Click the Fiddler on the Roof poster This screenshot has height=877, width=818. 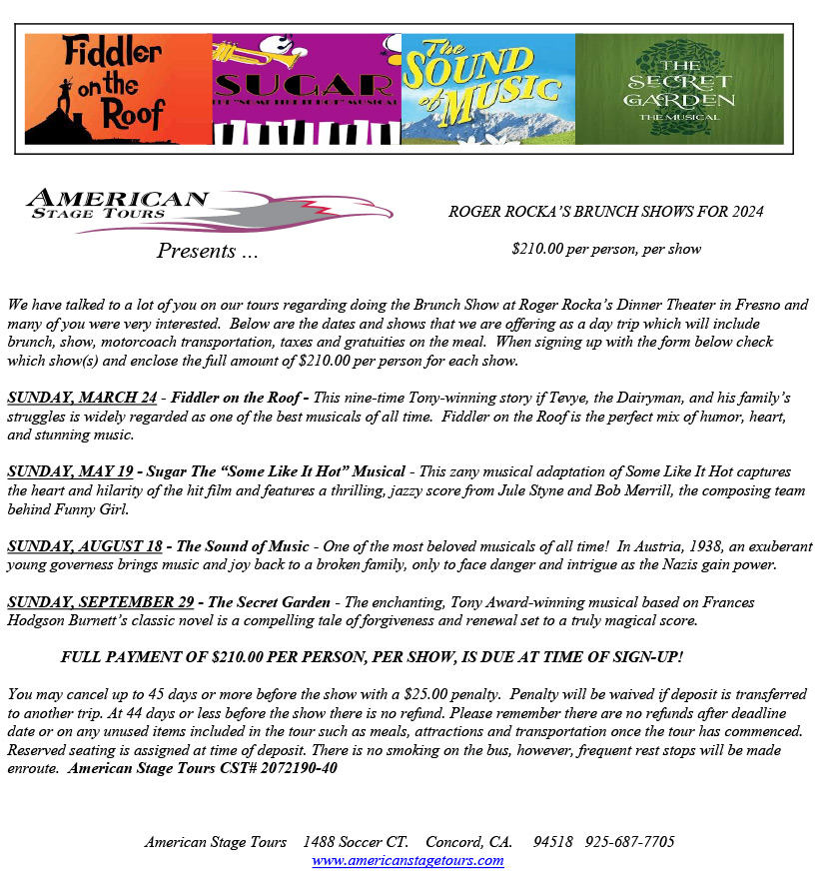[118, 90]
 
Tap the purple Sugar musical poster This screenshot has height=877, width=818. [307, 90]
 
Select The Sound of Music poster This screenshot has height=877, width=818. [488, 90]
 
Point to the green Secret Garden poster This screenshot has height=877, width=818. [679, 90]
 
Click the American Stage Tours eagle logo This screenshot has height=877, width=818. [210, 210]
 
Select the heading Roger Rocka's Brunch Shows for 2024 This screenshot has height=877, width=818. [606, 212]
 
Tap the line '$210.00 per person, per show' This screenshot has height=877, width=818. [606, 249]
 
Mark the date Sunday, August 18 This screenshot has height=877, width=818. [85, 546]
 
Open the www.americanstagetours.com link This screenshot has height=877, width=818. [408, 861]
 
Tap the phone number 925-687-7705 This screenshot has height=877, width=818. [630, 842]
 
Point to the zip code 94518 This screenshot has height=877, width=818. [553, 842]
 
